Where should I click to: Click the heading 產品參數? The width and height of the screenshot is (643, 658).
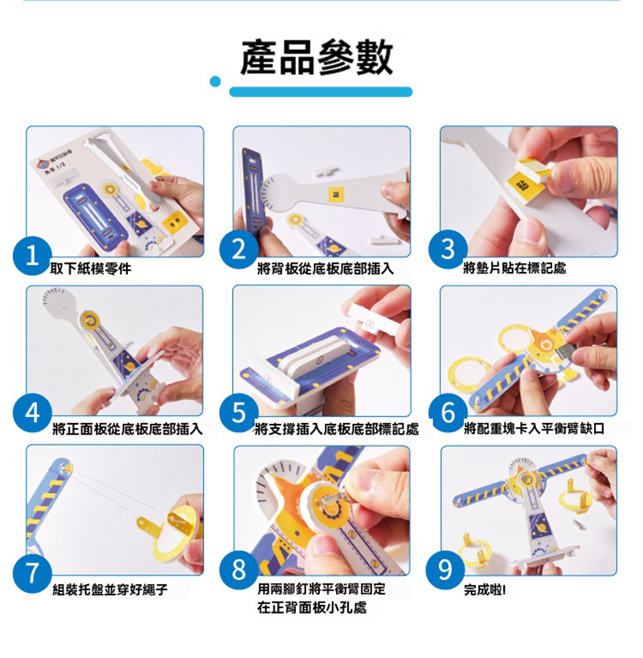tap(317, 57)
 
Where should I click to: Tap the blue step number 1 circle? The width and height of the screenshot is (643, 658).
tap(32, 256)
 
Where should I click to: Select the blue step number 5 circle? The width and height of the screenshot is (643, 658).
tap(239, 413)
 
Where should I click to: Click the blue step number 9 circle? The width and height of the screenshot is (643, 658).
tap(445, 570)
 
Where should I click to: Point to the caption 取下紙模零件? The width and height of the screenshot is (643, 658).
tap(90, 269)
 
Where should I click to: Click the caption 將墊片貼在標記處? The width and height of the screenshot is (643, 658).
tap(514, 268)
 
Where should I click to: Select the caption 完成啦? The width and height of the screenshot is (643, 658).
tap(485, 590)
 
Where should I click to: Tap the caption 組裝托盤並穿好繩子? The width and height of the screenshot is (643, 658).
tap(110, 590)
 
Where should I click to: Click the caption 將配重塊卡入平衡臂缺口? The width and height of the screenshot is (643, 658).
tap(534, 429)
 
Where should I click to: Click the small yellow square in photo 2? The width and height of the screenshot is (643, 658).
tap(338, 194)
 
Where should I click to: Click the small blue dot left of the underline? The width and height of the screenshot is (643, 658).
tap(215, 81)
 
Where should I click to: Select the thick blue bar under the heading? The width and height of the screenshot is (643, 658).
tap(321, 92)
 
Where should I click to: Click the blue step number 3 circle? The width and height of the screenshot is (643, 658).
tap(448, 249)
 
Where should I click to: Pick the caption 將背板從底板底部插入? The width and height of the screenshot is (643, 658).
tap(325, 269)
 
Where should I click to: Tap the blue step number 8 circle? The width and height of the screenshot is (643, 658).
tap(239, 570)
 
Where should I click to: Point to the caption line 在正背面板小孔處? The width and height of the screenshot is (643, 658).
tap(312, 607)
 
